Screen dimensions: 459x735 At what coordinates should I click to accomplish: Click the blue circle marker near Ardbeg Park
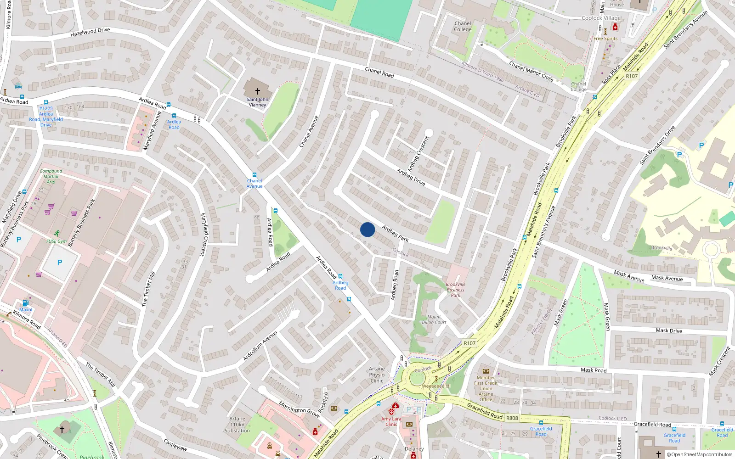coord(367,229)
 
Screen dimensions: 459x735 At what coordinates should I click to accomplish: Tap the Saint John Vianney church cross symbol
coord(258,91)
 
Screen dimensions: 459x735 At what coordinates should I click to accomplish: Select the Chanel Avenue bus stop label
coord(254,183)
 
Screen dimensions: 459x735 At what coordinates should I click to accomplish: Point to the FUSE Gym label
coord(57,241)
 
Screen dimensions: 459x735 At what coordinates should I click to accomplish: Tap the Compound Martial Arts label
coord(51,176)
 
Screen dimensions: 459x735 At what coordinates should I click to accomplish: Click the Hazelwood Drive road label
coord(90,32)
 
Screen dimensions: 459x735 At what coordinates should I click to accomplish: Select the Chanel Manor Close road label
coord(531,71)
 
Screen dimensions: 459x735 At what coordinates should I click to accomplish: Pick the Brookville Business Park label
coord(455,290)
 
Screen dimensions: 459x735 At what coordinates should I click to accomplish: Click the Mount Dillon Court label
coord(434,319)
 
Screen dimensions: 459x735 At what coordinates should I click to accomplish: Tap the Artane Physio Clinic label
coord(377,375)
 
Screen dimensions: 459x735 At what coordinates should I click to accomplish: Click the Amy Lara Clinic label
coord(391,421)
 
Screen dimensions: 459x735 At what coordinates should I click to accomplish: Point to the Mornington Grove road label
coord(300,409)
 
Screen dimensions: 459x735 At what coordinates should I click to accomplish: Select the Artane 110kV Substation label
coord(237,425)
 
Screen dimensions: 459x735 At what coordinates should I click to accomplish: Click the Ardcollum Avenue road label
coord(260,345)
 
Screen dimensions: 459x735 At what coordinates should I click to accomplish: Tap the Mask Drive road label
coord(669,330)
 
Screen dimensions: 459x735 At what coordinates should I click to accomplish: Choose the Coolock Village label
coord(601,18)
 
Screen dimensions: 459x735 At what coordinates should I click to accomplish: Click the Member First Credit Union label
coord(486,386)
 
